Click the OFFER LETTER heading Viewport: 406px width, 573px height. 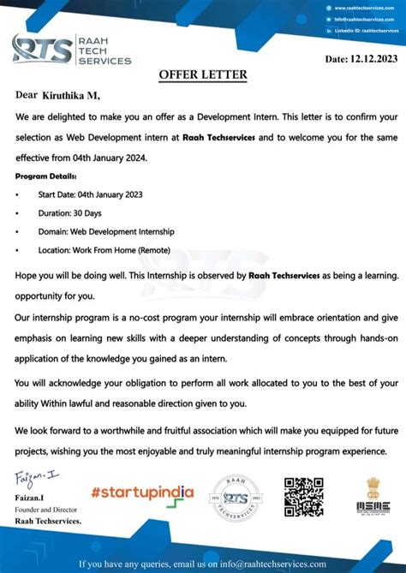coord(202,75)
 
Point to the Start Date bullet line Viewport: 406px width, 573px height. coord(90,194)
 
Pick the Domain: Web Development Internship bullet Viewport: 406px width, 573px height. coord(105,231)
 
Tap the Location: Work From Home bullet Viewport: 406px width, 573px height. coord(104,250)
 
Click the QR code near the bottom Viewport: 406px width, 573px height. coord(303,497)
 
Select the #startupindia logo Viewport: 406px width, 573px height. coord(142,492)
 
